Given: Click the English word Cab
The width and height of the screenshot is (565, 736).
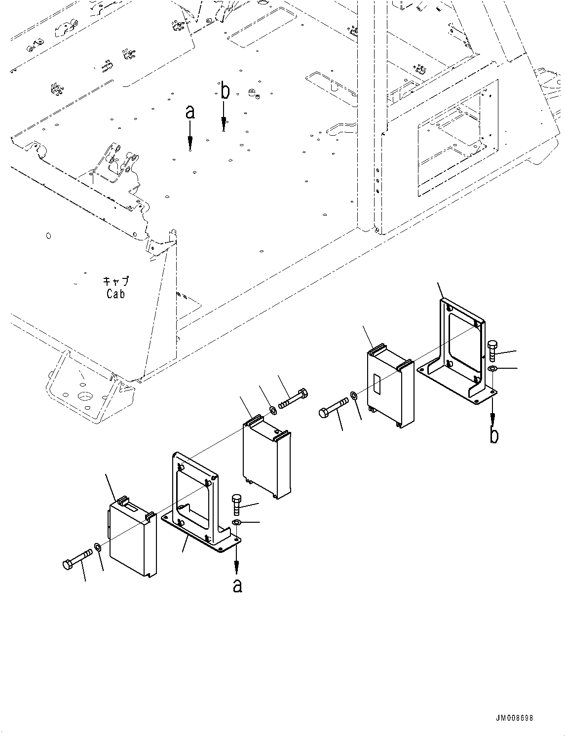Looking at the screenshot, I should [115, 294].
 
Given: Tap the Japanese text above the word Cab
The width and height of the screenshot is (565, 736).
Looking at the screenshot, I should [115, 281].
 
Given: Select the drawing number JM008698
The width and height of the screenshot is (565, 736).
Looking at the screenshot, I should [515, 718].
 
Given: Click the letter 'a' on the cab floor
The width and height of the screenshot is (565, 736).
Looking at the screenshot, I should [190, 113].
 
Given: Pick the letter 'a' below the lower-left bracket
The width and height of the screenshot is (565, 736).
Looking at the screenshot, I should [237, 585].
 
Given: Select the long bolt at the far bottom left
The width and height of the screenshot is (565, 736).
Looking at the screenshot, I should [77, 559].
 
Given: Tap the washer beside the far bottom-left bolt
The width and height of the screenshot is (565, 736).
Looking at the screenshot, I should [98, 547].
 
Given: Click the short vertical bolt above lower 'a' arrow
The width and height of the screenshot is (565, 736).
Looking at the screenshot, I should [236, 504].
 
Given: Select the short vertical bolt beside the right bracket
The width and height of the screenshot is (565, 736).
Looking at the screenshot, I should [492, 351].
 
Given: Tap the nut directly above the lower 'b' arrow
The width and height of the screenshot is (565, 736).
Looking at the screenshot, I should [492, 369].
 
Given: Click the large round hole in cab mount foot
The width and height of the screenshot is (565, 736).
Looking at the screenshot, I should [85, 397].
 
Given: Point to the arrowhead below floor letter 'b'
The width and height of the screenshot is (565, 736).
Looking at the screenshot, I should [225, 121].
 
